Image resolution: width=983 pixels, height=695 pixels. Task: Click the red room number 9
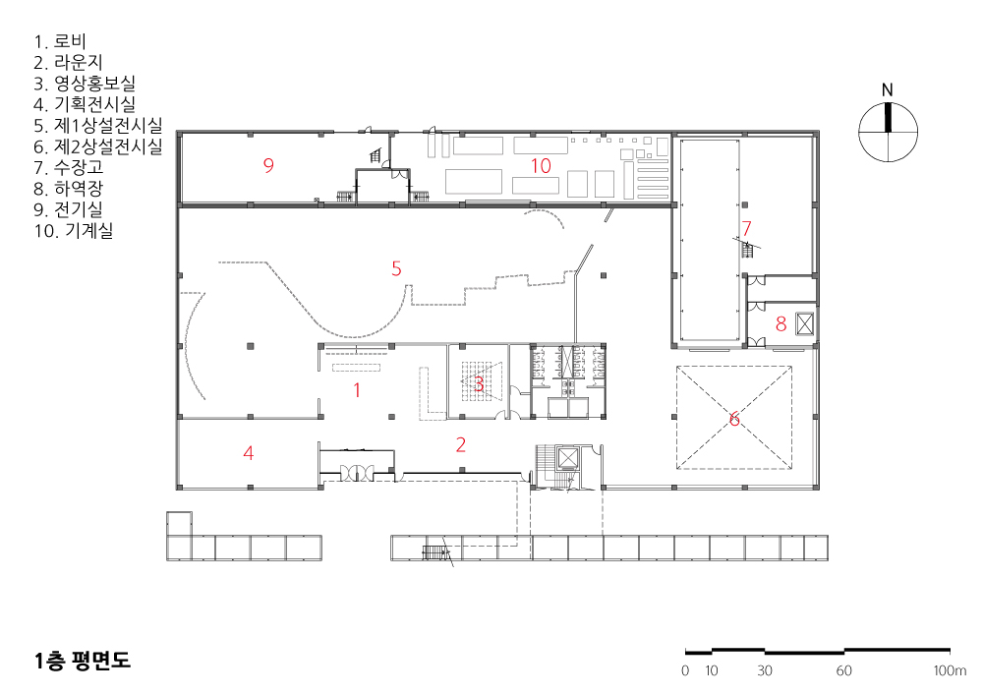(268, 165)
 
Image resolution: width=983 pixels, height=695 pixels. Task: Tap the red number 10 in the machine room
(541, 165)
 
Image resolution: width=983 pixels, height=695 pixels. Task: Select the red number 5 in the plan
(396, 268)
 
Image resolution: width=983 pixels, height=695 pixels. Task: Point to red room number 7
(746, 228)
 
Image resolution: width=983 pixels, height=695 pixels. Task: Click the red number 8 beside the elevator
(781, 324)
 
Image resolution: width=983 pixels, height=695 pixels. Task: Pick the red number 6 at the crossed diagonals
(734, 419)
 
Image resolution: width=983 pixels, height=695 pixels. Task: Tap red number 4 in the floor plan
(249, 453)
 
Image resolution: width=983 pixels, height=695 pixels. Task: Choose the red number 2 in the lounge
(461, 445)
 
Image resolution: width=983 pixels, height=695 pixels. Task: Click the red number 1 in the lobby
(357, 390)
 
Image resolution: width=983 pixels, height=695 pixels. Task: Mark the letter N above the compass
(887, 90)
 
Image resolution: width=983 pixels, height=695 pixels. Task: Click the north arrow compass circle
(888, 133)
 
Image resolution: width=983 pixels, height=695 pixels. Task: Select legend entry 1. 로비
(60, 41)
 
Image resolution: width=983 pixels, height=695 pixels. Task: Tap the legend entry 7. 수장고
(69, 167)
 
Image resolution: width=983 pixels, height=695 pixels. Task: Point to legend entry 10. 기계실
(74, 231)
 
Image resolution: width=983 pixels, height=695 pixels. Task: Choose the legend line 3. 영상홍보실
(85, 84)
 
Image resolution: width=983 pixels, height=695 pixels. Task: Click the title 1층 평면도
(83, 661)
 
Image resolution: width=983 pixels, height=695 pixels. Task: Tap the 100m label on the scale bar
(950, 670)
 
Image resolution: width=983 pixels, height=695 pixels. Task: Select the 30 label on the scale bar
(764, 670)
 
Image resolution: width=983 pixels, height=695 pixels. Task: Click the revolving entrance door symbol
(357, 471)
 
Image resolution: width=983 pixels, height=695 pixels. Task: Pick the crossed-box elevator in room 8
(805, 324)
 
